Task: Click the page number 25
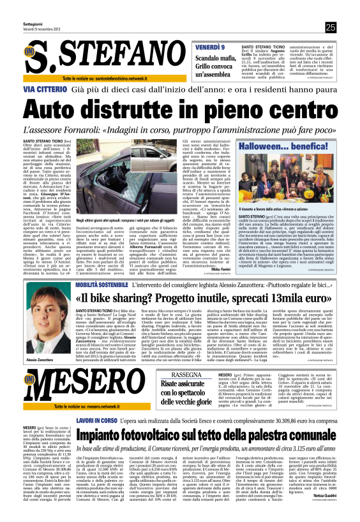pos(330,27)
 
